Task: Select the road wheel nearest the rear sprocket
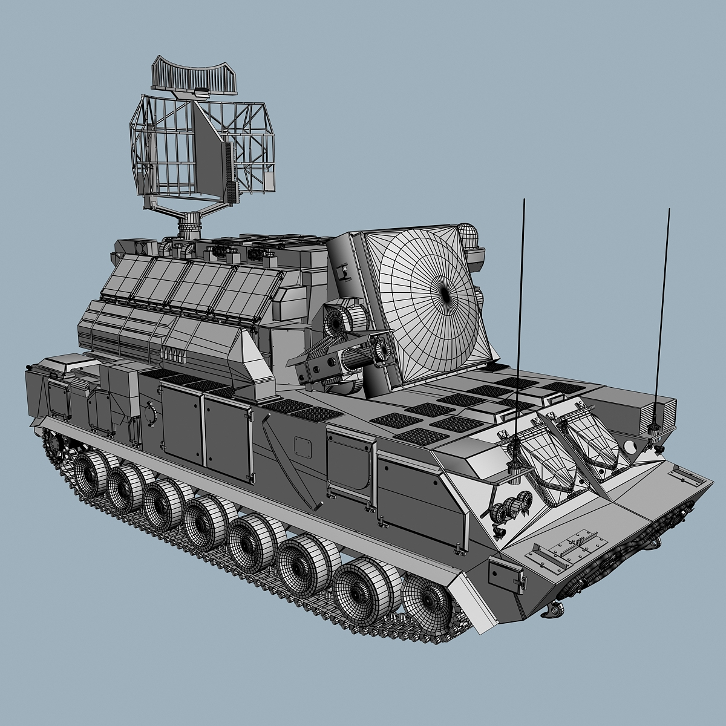tap(91, 473)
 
